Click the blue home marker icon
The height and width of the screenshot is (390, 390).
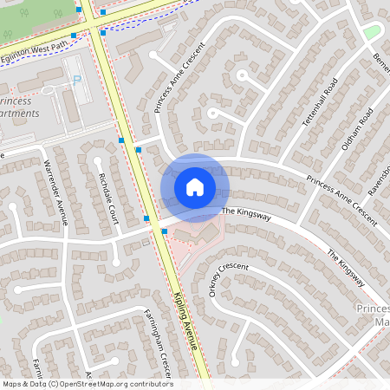pyautogui.click(x=195, y=187)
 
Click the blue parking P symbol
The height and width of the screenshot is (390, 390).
pyautogui.click(x=76, y=79)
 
